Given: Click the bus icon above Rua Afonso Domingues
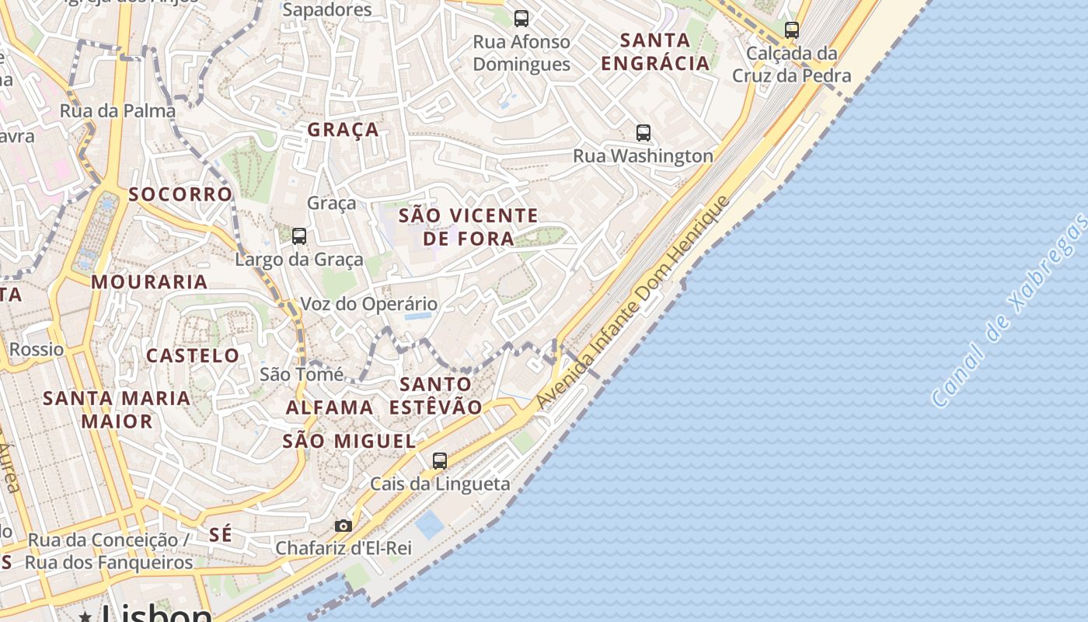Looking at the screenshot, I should tap(521, 18).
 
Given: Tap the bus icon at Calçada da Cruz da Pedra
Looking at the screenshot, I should tap(792, 30).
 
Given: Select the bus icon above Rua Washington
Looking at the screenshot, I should tap(643, 132).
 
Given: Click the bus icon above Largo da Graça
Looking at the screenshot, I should tap(299, 236).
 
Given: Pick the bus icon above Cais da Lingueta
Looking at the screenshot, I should tap(440, 460).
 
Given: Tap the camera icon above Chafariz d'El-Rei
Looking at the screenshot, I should tap(343, 526).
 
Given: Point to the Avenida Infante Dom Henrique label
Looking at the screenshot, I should tap(633, 302).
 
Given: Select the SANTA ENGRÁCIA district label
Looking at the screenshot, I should tap(656, 51).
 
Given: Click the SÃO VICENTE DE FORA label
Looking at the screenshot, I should tap(468, 227).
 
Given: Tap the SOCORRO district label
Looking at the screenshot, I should tap(180, 194).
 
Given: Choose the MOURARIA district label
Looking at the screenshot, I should tap(150, 281).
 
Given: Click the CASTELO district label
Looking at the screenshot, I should tap(193, 356).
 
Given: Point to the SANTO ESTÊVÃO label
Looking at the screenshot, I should tap(435, 395).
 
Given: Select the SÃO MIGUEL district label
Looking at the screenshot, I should tap(349, 441).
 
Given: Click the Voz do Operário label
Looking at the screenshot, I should tap(369, 304).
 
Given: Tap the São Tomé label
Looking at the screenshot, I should tap(302, 374).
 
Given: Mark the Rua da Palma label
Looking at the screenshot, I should tap(118, 110).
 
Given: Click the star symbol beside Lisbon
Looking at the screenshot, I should tap(85, 616).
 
